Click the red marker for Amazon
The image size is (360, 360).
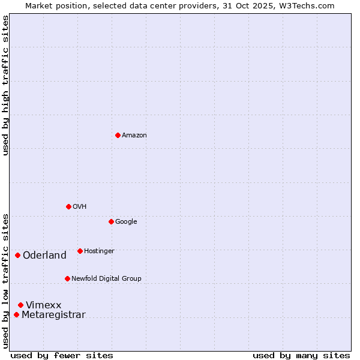pos(118,135)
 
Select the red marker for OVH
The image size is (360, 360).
pos(68,206)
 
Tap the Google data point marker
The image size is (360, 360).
pos(111,221)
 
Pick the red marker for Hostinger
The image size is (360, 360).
pos(80,251)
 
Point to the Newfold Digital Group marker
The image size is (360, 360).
pos(67,278)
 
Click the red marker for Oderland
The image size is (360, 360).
pos(17,255)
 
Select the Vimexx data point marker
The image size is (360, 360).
pos(20,305)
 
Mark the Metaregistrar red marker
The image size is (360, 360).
pos(16,314)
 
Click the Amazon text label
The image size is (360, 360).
pos(134,135)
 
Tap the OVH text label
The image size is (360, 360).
pos(80,206)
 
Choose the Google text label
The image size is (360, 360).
pos(126,221)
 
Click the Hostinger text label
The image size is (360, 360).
pos(99,251)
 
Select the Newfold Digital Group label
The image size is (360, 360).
pos(106,278)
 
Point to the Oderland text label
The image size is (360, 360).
pos(44,255)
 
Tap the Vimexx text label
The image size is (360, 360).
pos(43,305)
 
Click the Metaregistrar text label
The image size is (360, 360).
pos(53,314)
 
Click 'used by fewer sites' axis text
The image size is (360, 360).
pos(62,355)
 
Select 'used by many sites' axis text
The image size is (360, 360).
pos(301,355)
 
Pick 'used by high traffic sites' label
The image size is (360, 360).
pos(5,85)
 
